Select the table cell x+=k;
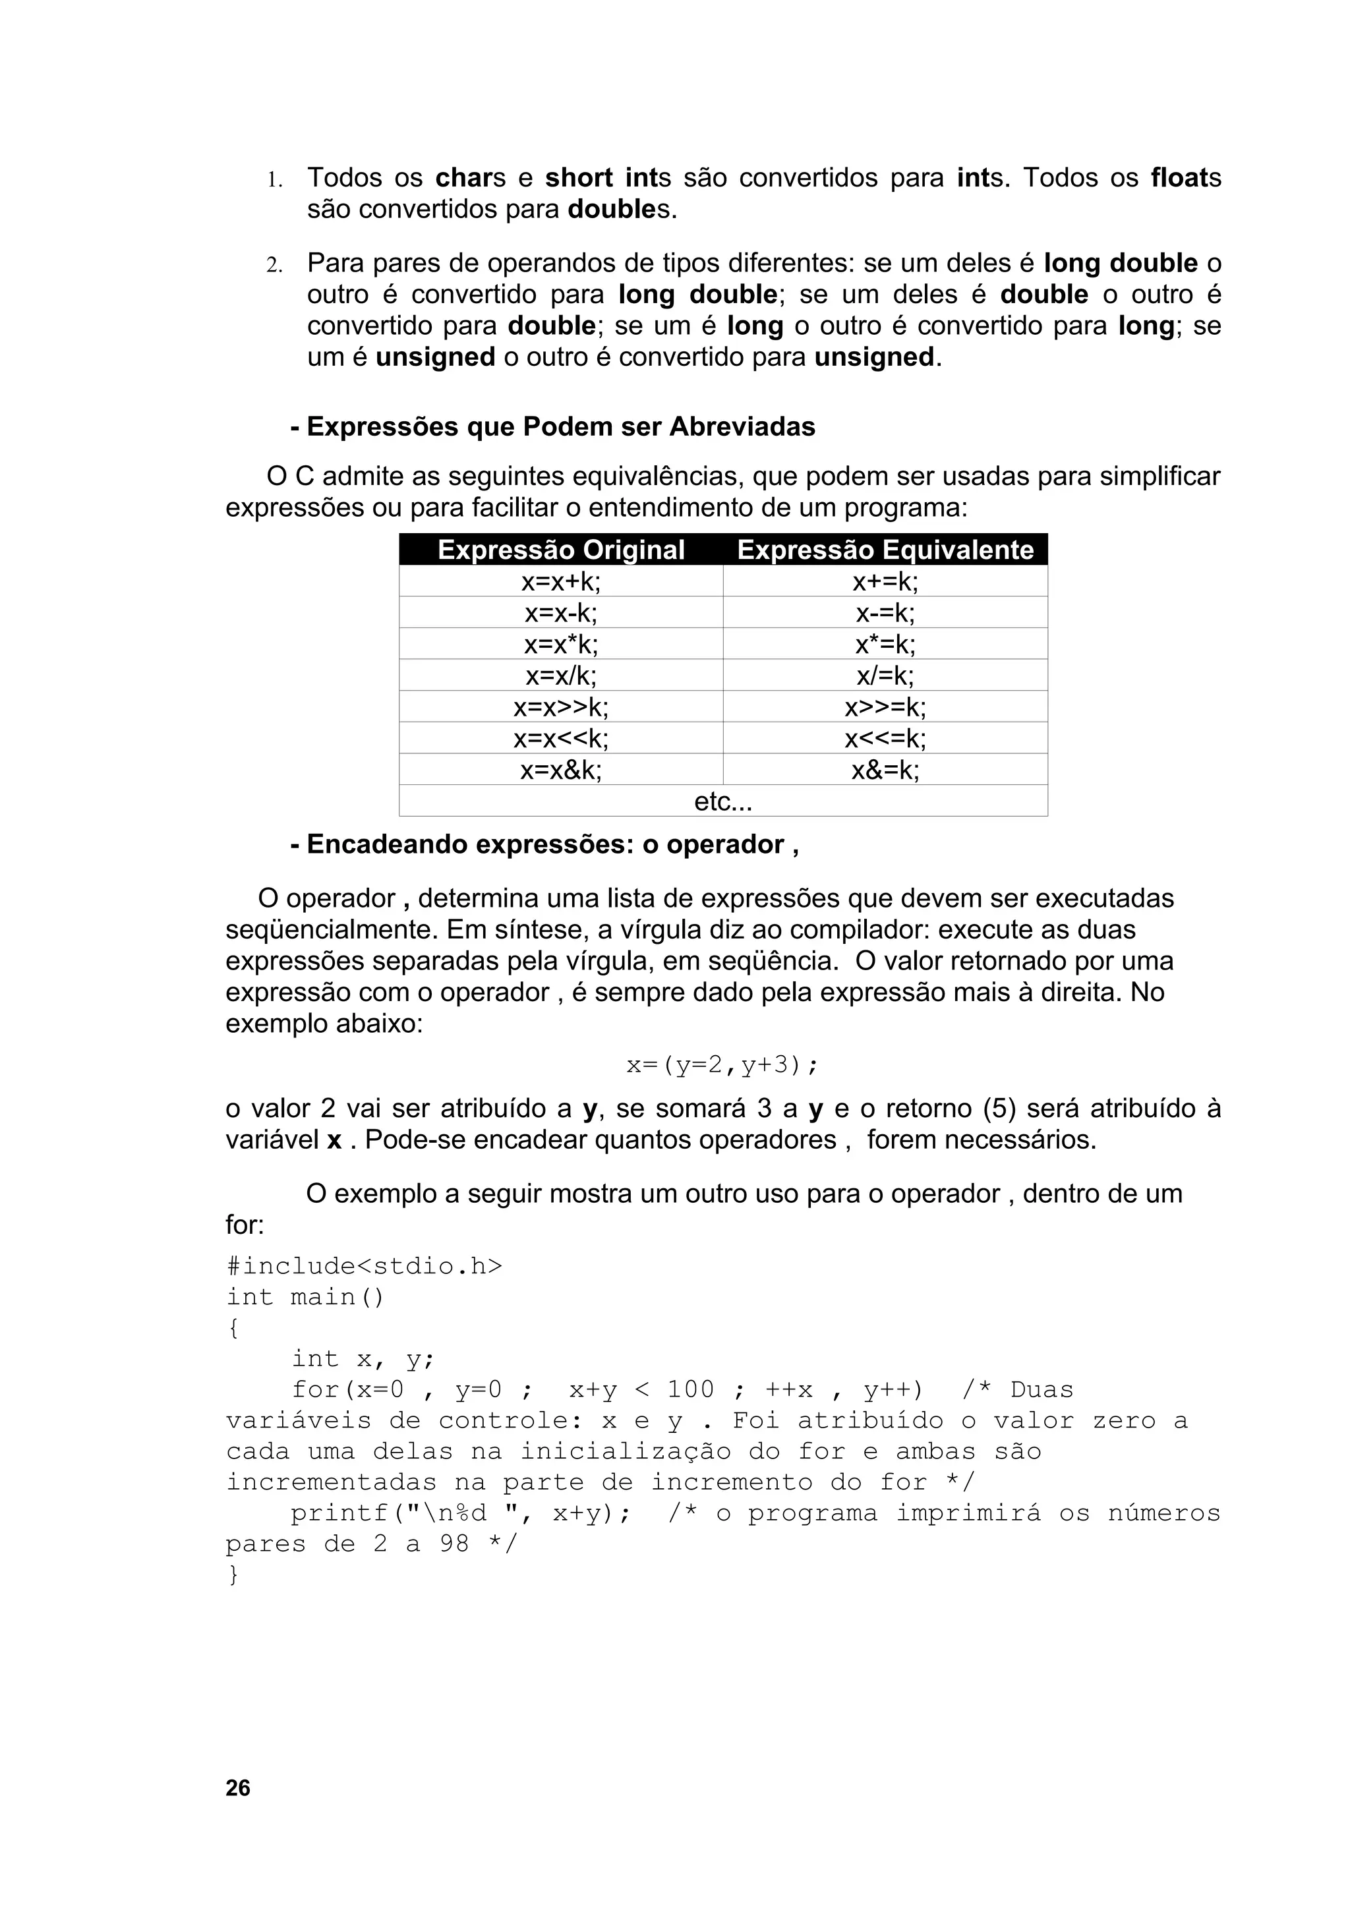885,581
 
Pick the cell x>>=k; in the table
885,707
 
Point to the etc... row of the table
723,801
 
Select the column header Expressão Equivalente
885,550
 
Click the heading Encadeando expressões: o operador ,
545,844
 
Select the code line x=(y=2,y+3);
723,1065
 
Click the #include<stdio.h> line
365,1266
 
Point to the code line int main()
305,1297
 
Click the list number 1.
274,180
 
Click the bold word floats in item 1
1185,178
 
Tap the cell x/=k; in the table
885,676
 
